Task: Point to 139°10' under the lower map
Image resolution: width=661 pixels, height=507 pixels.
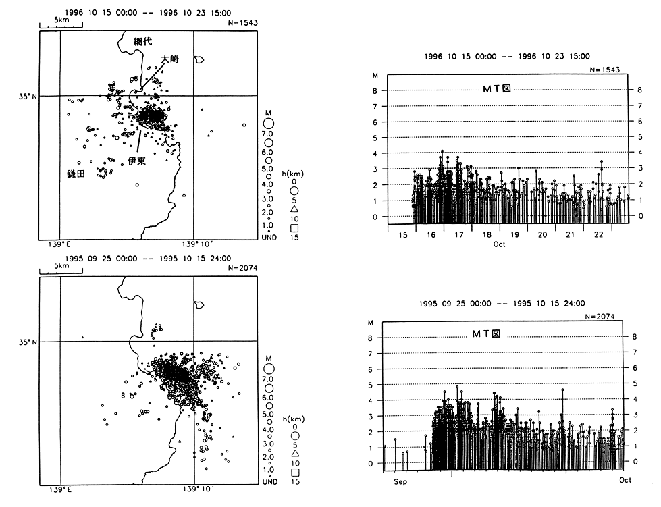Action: [x=196, y=489]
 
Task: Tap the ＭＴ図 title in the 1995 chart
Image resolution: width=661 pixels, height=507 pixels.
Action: [x=485, y=334]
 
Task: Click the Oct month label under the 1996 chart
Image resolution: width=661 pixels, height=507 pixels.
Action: [x=499, y=244]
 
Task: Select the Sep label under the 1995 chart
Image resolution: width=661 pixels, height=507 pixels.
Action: [x=400, y=481]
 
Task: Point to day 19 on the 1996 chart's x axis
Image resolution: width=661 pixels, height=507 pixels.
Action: [x=514, y=235]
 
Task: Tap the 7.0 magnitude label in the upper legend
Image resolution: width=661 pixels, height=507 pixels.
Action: [x=268, y=135]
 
